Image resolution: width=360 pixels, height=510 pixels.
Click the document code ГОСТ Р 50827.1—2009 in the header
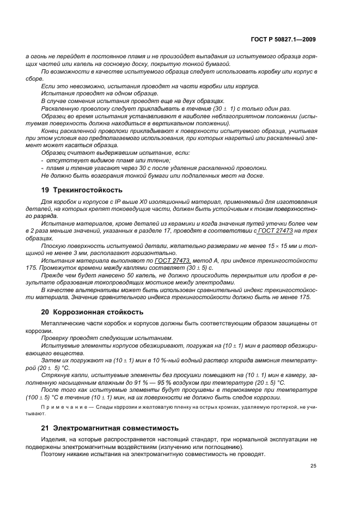285,39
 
